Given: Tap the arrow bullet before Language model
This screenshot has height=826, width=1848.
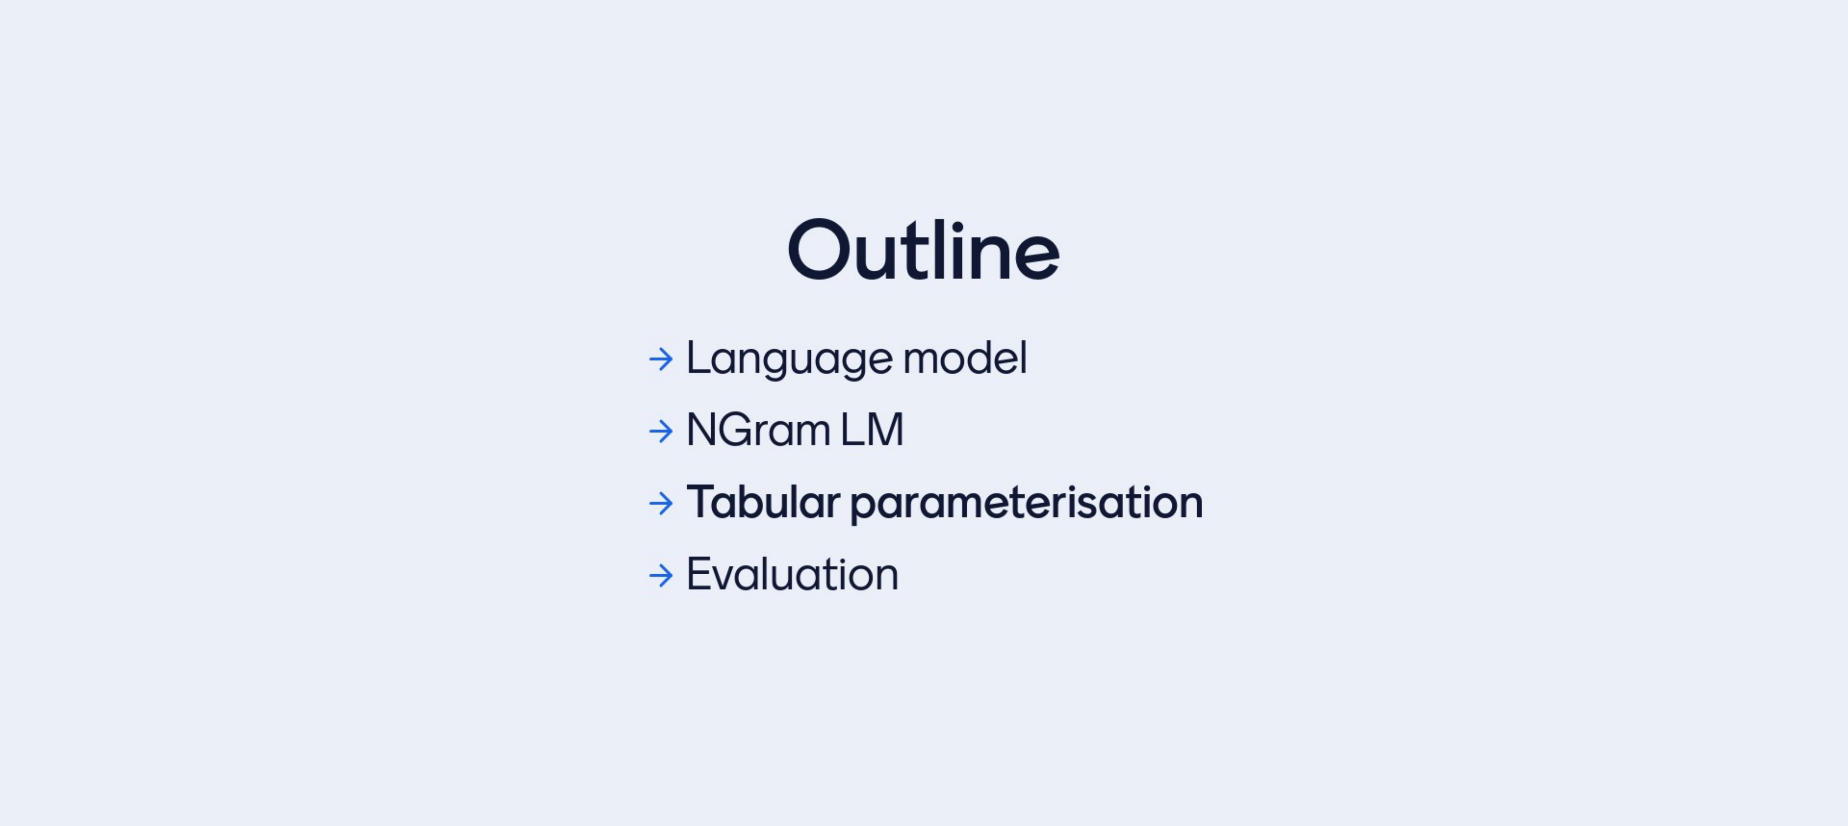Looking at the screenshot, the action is (661, 359).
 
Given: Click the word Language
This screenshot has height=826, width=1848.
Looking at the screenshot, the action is (789, 359).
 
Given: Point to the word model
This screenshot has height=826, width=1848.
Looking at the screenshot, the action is (965, 357).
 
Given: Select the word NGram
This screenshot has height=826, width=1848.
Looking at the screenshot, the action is (758, 430).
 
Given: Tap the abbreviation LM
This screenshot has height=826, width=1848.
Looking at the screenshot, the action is (872, 430).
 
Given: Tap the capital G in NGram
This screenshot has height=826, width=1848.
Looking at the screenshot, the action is (735, 430).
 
